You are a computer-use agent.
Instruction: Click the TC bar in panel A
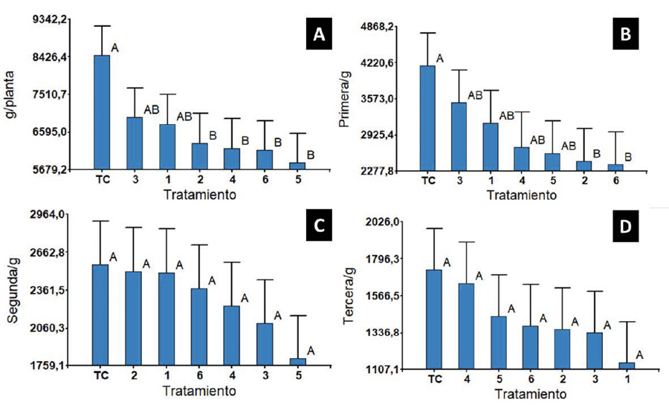click(102, 112)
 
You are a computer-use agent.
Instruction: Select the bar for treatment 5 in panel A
click(297, 166)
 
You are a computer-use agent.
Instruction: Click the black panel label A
click(320, 34)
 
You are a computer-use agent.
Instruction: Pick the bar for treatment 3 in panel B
click(459, 137)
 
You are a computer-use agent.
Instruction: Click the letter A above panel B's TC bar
click(440, 59)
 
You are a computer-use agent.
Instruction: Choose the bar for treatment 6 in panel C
click(200, 327)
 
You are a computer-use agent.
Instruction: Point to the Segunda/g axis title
click(11, 290)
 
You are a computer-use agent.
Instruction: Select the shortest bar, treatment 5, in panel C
click(297, 362)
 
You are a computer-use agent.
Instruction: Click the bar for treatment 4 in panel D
click(466, 326)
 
